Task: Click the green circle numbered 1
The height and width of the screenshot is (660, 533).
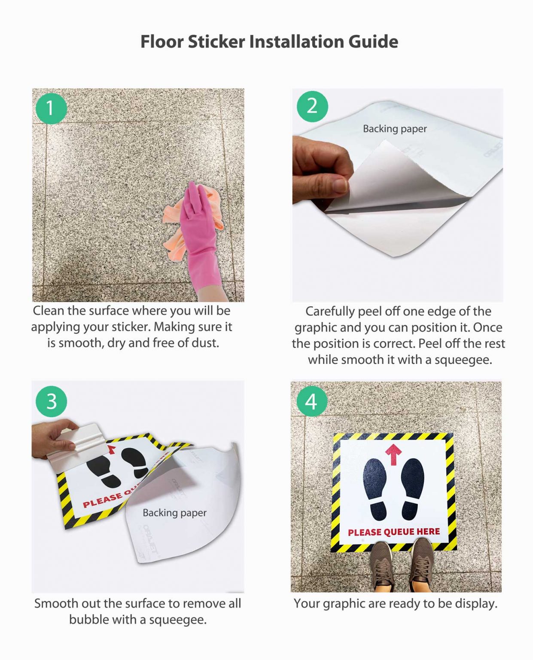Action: (51, 108)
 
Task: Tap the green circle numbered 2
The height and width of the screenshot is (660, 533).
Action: (312, 106)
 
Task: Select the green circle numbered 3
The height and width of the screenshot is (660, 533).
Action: (51, 401)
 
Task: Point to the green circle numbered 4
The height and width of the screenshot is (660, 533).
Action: (311, 401)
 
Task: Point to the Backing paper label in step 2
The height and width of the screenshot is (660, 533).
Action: (394, 128)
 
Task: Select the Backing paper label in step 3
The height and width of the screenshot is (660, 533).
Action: (174, 513)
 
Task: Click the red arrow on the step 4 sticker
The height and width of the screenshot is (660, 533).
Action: (393, 454)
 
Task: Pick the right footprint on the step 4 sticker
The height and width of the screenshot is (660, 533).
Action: (412, 487)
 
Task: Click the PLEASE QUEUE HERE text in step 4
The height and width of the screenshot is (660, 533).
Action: (394, 532)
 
